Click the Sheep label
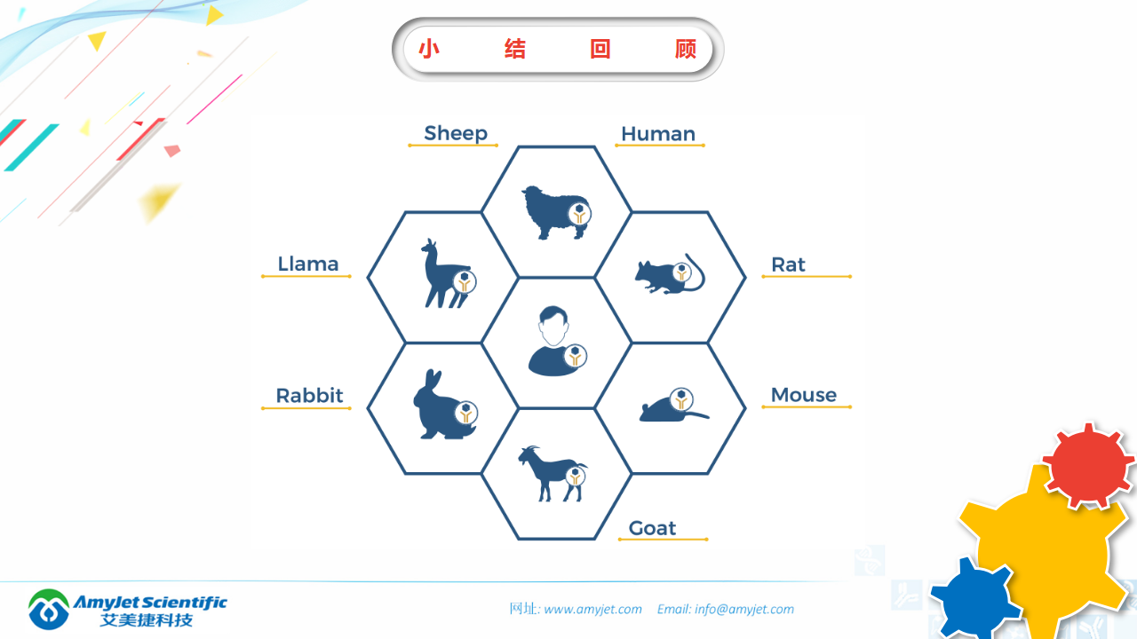[456, 133]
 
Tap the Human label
[658, 134]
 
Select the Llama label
[307, 264]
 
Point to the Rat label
[788, 264]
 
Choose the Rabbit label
[309, 395]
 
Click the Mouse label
[804, 395]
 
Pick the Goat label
[652, 528]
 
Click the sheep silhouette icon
[556, 212]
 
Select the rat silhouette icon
[670, 274]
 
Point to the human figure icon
[556, 341]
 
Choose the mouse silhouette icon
[673, 406]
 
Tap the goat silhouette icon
[553, 474]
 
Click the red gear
[1088, 466]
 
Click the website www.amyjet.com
[592, 609]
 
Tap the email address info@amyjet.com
[744, 609]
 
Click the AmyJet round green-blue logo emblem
[49, 609]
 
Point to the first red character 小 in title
[429, 49]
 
